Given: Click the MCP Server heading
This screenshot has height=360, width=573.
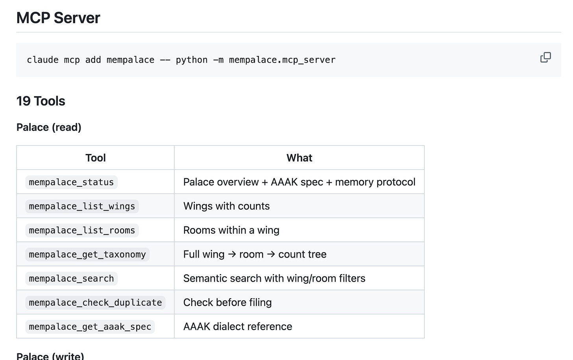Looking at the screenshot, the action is [58, 18].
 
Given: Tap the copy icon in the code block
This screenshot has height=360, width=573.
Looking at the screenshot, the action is [545, 58].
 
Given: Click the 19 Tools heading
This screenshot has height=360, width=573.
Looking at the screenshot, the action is [41, 101].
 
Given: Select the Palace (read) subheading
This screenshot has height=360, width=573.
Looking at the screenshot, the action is [49, 127].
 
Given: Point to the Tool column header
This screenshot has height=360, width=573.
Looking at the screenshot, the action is [95, 158].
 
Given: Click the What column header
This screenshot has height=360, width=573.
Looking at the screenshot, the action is [299, 158].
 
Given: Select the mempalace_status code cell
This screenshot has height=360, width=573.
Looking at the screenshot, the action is [71, 182].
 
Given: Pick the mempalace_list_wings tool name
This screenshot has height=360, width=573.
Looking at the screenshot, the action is [82, 206].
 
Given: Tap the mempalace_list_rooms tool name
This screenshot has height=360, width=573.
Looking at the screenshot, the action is [82, 230].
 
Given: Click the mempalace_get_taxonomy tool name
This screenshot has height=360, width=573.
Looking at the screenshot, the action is [87, 254].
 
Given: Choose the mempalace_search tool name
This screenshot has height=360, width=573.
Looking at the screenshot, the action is [71, 278].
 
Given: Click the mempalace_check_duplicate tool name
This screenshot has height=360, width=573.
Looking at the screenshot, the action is [95, 302].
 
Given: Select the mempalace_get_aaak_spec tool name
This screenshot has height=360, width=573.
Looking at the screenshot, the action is [90, 327].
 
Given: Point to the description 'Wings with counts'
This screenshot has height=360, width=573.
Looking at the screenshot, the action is [226, 206].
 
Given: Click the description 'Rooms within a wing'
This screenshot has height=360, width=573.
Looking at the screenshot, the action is [231, 230].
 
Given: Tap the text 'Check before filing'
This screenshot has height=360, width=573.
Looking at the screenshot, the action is [227, 302].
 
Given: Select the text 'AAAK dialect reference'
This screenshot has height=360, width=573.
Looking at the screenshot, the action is [238, 327].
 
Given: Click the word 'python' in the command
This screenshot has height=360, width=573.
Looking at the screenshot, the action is [192, 60].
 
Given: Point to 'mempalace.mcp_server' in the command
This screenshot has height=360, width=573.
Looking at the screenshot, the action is [282, 60].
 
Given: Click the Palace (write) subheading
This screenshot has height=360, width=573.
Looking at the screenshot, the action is [50, 356].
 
